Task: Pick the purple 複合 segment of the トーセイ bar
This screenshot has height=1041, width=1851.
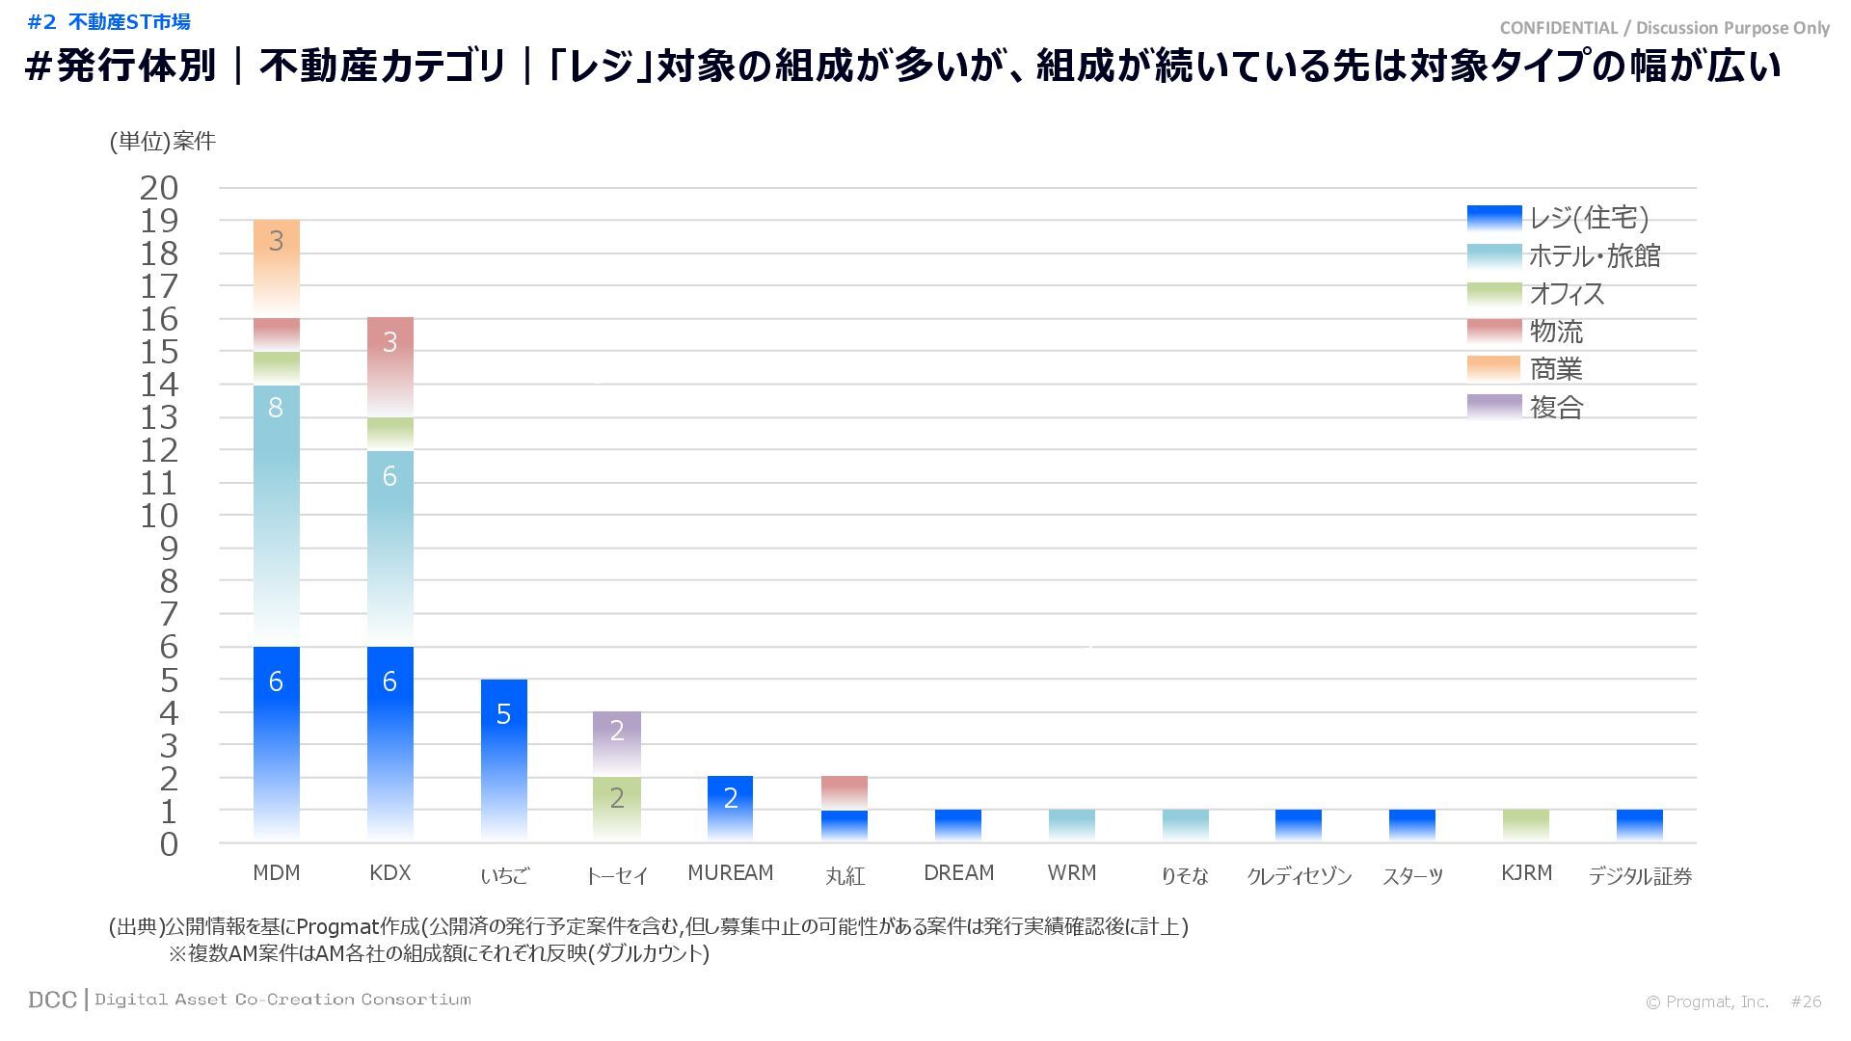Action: [x=617, y=743]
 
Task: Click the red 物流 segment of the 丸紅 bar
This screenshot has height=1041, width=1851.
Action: [x=845, y=792]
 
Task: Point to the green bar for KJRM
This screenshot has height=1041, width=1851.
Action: [x=1526, y=825]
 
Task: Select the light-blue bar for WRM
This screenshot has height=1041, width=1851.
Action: [x=1072, y=825]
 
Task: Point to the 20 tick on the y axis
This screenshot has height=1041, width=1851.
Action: [x=159, y=189]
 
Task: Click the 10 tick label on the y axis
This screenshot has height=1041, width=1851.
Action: [x=159, y=517]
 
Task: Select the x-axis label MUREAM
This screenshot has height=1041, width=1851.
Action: [x=731, y=873]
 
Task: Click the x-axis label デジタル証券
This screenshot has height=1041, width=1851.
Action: [x=1640, y=876]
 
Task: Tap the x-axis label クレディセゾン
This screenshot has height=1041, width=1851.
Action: [x=1299, y=876]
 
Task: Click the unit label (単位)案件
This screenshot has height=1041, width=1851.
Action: [x=162, y=142]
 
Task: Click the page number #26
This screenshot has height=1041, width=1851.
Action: [x=1806, y=1001]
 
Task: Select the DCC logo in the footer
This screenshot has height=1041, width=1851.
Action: [x=52, y=1000]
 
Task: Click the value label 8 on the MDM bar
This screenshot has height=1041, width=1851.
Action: [x=276, y=408]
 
